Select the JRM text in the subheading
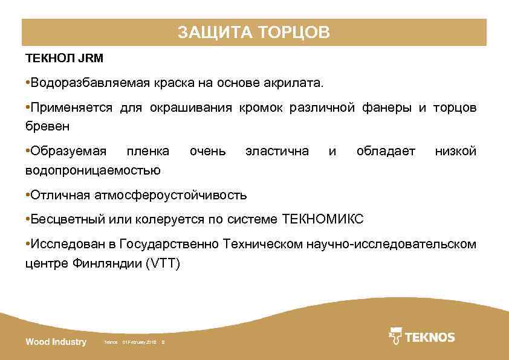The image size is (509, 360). pyautogui.click(x=91, y=59)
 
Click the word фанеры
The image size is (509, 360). pyautogui.click(x=388, y=108)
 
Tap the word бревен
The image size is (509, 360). pyautogui.click(x=47, y=126)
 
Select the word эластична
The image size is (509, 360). pyautogui.click(x=277, y=150)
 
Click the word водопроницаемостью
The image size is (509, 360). pyautogui.click(x=93, y=170)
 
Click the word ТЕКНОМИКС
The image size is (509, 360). pyautogui.click(x=323, y=219)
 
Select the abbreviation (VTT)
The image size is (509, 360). pyautogui.click(x=163, y=264)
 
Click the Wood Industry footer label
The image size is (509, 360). pyautogui.click(x=56, y=342)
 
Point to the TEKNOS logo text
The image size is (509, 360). pyautogui.click(x=429, y=337)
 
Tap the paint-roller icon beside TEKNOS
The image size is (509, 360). pyautogui.click(x=396, y=336)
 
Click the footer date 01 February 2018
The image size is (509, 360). pyautogui.click(x=140, y=342)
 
